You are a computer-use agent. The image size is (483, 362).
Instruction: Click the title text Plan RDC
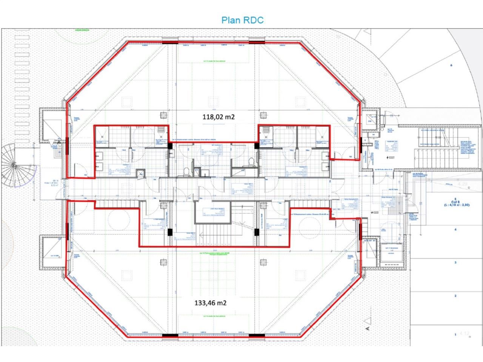tap(242, 20)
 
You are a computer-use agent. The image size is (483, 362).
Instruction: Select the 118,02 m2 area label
tap(218, 117)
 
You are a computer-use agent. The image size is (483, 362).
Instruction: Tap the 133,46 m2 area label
tap(211, 302)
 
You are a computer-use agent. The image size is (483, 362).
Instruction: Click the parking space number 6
tap(451, 65)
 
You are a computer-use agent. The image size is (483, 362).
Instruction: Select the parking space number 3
tap(455, 262)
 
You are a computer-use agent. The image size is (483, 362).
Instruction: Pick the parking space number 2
tap(455, 296)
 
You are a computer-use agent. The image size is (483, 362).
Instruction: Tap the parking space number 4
tap(455, 229)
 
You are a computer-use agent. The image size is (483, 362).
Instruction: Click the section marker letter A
tap(367, 328)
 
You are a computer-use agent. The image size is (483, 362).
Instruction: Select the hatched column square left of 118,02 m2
tap(164, 115)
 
